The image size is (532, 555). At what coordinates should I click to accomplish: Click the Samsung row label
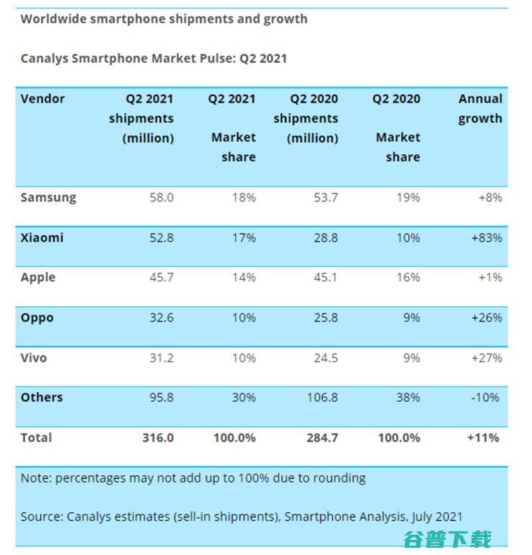[48, 198]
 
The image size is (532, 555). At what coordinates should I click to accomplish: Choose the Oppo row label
[37, 318]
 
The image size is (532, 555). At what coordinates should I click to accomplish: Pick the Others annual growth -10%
[487, 398]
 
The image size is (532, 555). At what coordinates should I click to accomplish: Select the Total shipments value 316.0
[157, 437]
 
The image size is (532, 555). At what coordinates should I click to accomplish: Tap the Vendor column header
[42, 99]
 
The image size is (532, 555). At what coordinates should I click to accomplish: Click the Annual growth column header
[480, 109]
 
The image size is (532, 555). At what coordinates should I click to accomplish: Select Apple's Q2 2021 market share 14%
[242, 277]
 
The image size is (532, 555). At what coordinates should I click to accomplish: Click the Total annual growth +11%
[482, 437]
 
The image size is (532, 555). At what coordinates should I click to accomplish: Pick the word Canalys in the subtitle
[45, 59]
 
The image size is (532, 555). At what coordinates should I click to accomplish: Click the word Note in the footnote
[35, 478]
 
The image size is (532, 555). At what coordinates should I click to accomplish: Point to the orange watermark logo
[447, 538]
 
